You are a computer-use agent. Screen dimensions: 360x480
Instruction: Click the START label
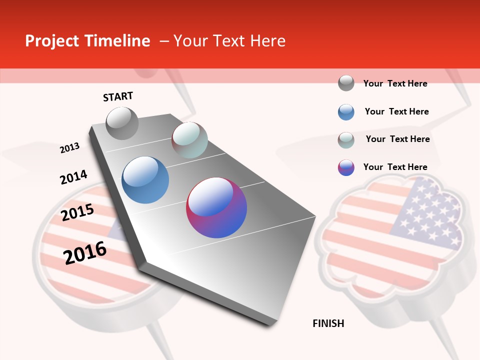(x=118, y=96)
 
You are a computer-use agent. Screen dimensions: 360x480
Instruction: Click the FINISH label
(x=328, y=323)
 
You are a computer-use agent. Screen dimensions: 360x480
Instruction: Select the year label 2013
(x=69, y=148)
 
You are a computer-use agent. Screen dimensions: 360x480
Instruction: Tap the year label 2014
(x=73, y=177)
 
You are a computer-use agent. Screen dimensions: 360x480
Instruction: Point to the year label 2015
(x=77, y=212)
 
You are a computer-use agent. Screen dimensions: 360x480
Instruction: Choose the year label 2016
(x=85, y=252)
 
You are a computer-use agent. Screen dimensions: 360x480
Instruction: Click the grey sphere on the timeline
(x=122, y=123)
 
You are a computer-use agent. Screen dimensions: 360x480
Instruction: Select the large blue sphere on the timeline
(x=145, y=180)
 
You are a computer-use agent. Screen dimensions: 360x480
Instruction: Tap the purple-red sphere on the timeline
(x=216, y=207)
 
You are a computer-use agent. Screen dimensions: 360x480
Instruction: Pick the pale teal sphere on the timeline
(x=189, y=140)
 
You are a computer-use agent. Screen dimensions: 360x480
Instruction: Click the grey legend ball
(x=346, y=83)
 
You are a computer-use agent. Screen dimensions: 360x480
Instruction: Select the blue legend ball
(x=346, y=112)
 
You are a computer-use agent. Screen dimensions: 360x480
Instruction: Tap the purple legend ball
(x=346, y=167)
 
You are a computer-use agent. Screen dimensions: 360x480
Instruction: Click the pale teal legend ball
(x=346, y=140)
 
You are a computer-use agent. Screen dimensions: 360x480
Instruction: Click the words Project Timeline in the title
(x=87, y=41)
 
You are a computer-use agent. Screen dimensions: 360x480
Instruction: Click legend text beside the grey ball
(x=395, y=83)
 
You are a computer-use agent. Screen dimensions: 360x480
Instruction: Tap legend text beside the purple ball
(x=395, y=167)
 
